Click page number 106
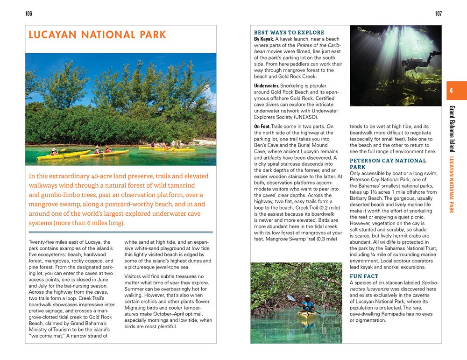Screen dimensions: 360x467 click(29, 14)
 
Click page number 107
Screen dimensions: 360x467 click(438, 14)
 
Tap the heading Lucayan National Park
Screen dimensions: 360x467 click(97, 35)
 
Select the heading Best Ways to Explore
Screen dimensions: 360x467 click(289, 33)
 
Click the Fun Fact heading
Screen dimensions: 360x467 click(364, 276)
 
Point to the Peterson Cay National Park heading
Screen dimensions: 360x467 click(388, 163)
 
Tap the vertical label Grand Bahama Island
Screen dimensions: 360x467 click(452, 129)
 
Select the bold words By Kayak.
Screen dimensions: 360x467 click(264, 39)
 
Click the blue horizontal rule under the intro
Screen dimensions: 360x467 click(120, 232)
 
